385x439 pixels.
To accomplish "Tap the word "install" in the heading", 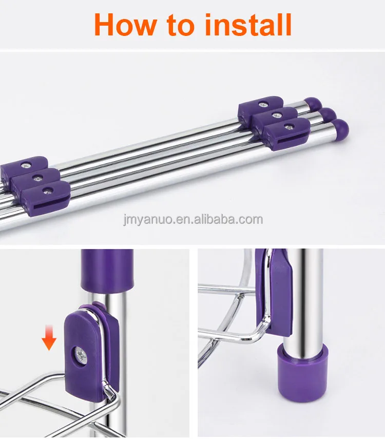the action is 248,24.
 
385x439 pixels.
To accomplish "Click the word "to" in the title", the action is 180,26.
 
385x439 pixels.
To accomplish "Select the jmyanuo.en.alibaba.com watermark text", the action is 193,220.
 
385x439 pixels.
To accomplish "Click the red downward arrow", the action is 49,337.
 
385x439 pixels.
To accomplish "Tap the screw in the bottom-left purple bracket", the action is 81,356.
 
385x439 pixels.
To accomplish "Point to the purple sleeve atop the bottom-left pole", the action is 107,270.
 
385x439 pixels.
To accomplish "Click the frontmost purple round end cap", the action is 340,127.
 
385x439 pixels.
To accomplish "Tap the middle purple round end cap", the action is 327,114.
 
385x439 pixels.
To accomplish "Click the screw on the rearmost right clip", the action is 263,104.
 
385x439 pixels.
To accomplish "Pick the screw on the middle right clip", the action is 277,114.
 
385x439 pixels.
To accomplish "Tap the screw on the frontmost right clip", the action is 288,127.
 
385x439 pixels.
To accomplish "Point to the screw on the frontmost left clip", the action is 48,190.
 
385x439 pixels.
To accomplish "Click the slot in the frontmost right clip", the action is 288,140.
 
